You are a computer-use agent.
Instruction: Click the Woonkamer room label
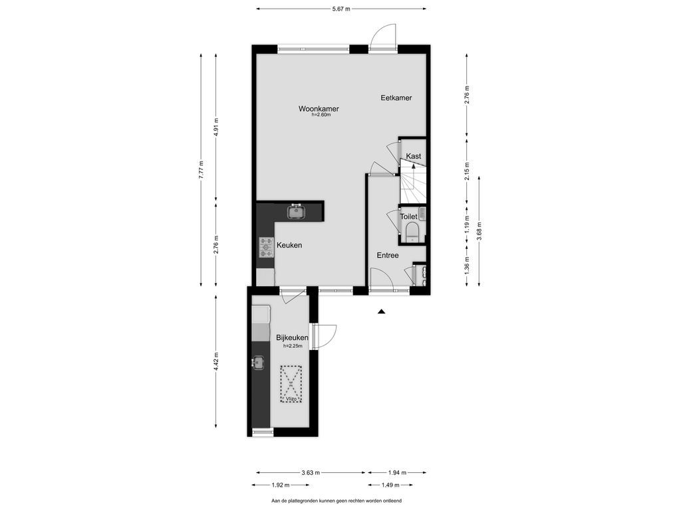pyautogui.click(x=319, y=109)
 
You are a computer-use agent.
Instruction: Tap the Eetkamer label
pyautogui.click(x=396, y=98)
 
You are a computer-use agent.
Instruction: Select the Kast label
pyautogui.click(x=414, y=156)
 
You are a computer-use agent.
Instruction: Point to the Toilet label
pyautogui.click(x=409, y=216)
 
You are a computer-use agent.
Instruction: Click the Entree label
pyautogui.click(x=388, y=256)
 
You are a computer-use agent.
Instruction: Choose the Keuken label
pyautogui.click(x=289, y=245)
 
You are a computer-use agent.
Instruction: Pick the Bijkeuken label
pyautogui.click(x=293, y=337)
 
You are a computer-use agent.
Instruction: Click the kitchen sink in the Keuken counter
pyautogui.click(x=297, y=212)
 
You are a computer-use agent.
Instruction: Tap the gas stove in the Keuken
pyautogui.click(x=266, y=247)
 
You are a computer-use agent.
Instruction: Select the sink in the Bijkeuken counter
pyautogui.click(x=258, y=363)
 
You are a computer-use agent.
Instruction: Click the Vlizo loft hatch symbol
pyautogui.click(x=291, y=384)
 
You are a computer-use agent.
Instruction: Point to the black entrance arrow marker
pyautogui.click(x=381, y=311)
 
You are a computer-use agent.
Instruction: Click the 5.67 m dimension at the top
pyautogui.click(x=341, y=9)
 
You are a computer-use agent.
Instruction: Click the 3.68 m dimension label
pyautogui.click(x=479, y=230)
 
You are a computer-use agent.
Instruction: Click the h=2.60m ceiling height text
pyautogui.click(x=321, y=115)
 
